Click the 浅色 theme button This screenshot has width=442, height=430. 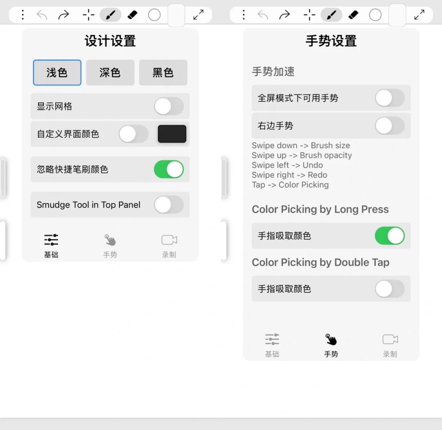(57, 72)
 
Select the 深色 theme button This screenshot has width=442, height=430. (110, 72)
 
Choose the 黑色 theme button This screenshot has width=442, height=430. (163, 72)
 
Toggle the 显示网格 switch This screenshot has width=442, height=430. (169, 106)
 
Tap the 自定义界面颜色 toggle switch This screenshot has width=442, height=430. (133, 134)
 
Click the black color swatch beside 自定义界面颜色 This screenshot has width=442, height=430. (172, 134)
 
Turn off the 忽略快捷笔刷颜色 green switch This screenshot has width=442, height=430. (169, 169)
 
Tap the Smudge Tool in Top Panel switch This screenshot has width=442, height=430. (169, 205)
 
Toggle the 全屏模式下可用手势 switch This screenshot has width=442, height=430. (390, 98)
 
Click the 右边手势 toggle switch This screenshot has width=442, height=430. (390, 126)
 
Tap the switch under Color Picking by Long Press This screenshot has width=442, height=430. (390, 236)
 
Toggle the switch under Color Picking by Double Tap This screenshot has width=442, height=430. (390, 289)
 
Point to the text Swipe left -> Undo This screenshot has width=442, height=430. (287, 165)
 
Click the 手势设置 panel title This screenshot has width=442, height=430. (331, 41)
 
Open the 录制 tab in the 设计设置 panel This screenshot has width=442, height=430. (169, 246)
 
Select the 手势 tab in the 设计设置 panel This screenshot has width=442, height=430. (110, 246)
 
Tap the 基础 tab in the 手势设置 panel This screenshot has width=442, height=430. (272, 345)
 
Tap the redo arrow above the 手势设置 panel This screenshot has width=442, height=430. (284, 15)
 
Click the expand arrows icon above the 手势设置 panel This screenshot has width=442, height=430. (419, 15)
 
